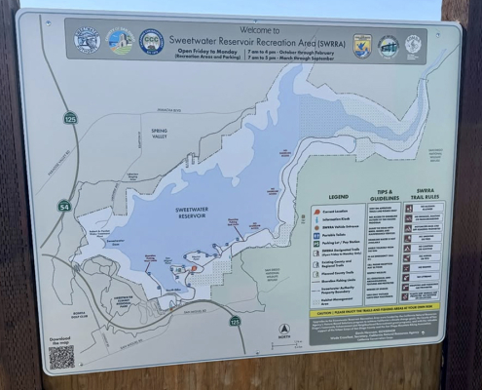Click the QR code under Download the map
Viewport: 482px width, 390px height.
pyautogui.click(x=62, y=357)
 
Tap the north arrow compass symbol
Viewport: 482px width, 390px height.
pyautogui.click(x=284, y=331)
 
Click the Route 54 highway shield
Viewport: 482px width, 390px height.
pyautogui.click(x=64, y=206)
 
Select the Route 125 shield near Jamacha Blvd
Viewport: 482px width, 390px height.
pyautogui.click(x=70, y=118)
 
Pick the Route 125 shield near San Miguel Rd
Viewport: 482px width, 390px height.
pyautogui.click(x=235, y=321)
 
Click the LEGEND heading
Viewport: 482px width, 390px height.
pyautogui.click(x=338, y=196)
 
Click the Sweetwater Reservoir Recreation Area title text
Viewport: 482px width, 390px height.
pyautogui.click(x=247, y=42)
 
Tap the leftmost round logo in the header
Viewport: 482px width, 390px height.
pyautogui.click(x=87, y=40)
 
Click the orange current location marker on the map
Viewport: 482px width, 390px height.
pyautogui.click(x=193, y=267)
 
